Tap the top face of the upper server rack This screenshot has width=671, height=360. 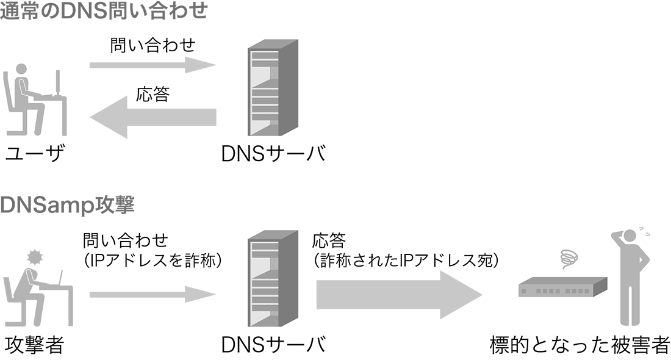click(x=274, y=45)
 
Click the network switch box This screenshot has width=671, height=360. click(x=562, y=286)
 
